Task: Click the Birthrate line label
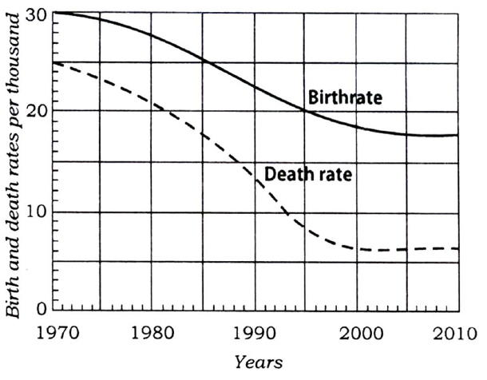(346, 99)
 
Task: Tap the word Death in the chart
(285, 172)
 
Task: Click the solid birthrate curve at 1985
(203, 61)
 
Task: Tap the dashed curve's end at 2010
(457, 249)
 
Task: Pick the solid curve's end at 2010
(457, 135)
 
